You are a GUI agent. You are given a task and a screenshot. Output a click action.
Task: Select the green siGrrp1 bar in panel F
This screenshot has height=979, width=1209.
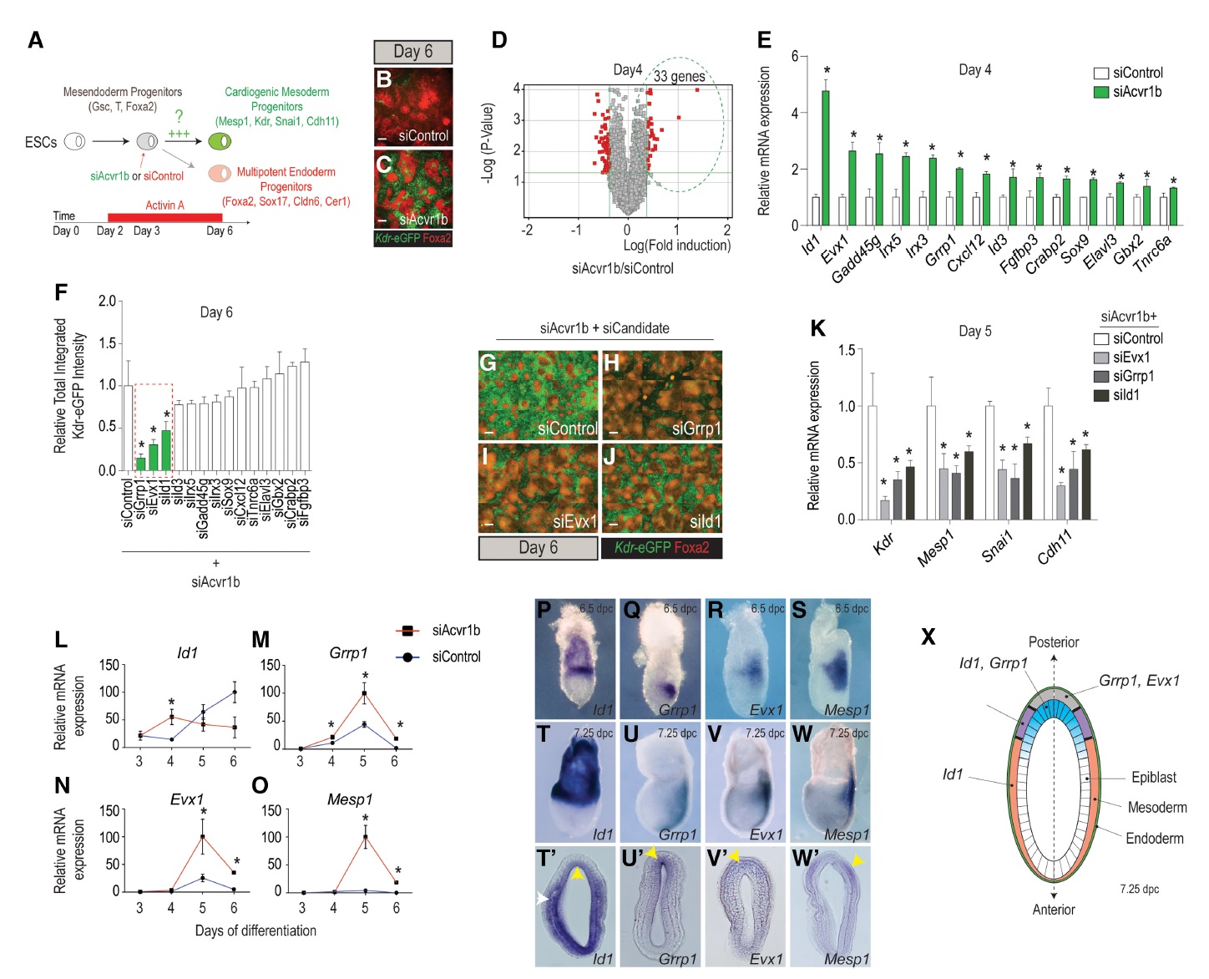click(x=140, y=464)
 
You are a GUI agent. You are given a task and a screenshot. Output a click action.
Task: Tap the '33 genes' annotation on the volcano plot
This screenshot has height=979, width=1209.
click(x=679, y=76)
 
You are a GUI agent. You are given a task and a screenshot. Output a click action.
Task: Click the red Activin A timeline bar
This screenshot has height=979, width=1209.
click(x=164, y=217)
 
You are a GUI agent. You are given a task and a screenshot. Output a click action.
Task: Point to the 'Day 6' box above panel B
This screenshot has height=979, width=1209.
click(x=412, y=52)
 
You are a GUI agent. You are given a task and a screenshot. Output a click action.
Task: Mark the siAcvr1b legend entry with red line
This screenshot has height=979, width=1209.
click(x=456, y=631)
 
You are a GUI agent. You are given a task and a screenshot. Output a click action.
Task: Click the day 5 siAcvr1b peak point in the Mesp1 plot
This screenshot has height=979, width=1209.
click(x=365, y=836)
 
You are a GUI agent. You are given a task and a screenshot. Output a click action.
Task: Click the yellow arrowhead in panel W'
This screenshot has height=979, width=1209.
click(x=857, y=860)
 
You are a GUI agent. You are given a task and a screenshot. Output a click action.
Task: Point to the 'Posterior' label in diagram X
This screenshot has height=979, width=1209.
click(x=1053, y=642)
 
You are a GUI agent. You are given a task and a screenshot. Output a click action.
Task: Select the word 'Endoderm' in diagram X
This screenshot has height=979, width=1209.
click(x=1154, y=838)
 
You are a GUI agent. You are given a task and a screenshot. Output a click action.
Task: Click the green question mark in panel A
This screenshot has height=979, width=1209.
click(x=179, y=117)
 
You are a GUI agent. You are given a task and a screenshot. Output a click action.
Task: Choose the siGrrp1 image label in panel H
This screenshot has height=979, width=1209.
click(x=696, y=429)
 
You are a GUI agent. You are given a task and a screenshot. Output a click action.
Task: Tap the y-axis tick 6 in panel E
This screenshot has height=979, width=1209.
click(x=794, y=56)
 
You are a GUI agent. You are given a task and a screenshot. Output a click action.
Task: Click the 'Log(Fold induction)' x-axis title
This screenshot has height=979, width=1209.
click(x=676, y=246)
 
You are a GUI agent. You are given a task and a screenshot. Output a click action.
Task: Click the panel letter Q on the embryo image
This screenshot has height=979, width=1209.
click(x=631, y=611)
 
